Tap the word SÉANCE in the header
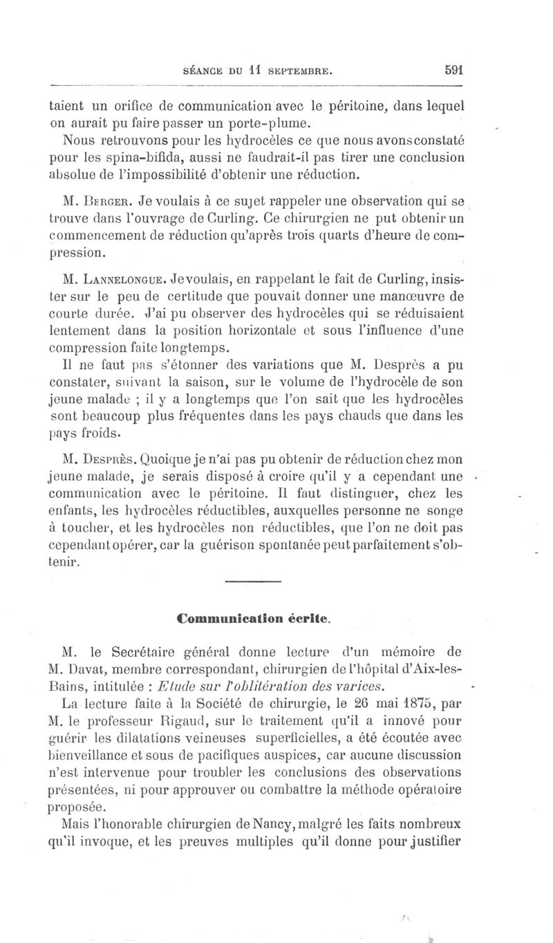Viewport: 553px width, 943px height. pyautogui.click(x=200, y=70)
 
